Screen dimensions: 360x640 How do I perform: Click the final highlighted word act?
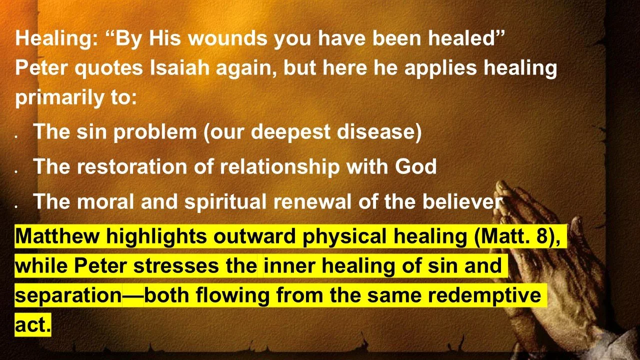click(x=32, y=325)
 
